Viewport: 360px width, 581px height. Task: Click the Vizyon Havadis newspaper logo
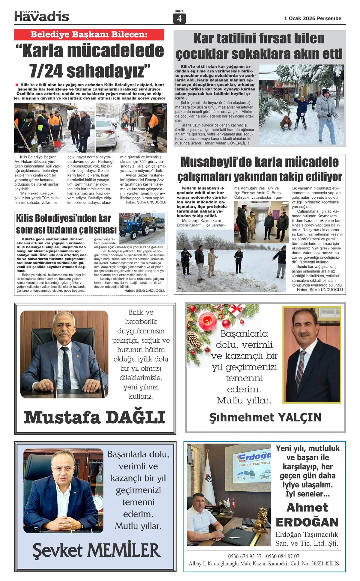click(x=42, y=16)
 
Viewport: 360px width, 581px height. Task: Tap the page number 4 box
click(x=179, y=19)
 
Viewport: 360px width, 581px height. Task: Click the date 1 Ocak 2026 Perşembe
click(x=313, y=18)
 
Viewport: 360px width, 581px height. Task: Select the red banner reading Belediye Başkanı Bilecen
click(x=89, y=34)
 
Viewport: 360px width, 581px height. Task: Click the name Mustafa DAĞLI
click(x=94, y=417)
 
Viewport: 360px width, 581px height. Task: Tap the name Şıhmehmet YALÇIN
click(x=265, y=417)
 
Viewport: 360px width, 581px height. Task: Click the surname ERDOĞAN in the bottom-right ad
click(x=307, y=522)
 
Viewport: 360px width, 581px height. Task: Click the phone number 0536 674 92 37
click(x=244, y=556)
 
